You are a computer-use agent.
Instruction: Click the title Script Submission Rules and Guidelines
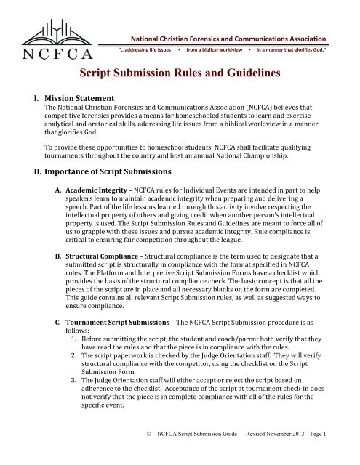click(x=180, y=73)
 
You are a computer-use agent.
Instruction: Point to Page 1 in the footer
click(x=337, y=456)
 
